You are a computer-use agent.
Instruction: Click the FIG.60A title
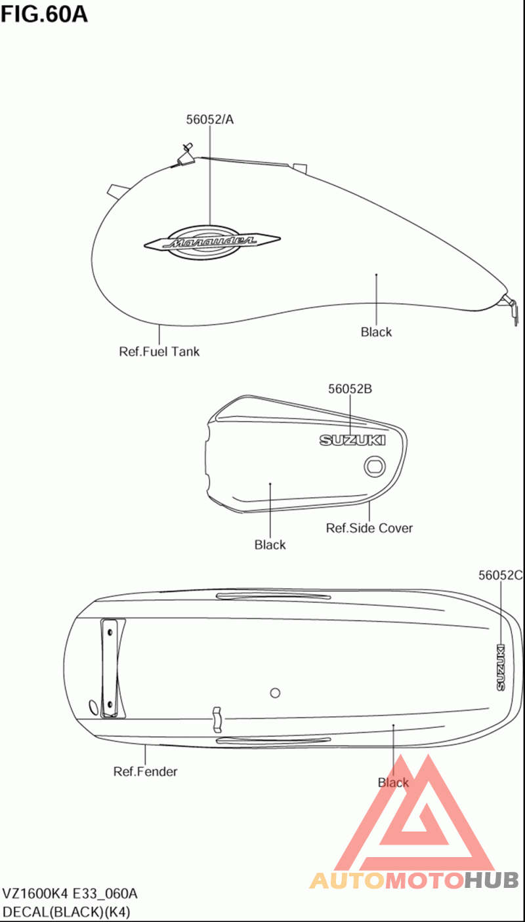(x=44, y=14)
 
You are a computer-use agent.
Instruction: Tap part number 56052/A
(x=209, y=119)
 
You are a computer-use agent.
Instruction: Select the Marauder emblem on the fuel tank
(x=212, y=242)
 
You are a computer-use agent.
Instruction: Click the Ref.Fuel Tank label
(x=159, y=351)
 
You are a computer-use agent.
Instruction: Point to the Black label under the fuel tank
(x=376, y=332)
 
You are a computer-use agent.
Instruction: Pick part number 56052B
(x=350, y=389)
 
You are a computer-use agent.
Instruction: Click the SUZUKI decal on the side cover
(x=352, y=441)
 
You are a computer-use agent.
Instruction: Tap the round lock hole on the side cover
(x=375, y=467)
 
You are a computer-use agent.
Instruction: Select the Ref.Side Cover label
(x=369, y=528)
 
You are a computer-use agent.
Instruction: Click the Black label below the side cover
(x=270, y=545)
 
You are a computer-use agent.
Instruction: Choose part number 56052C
(x=500, y=575)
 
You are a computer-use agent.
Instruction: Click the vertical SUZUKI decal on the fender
(x=501, y=667)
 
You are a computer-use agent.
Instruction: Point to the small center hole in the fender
(x=275, y=693)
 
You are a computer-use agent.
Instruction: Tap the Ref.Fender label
(x=145, y=771)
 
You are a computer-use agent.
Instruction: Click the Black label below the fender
(x=393, y=782)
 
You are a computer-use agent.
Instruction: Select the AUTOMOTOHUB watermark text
(x=414, y=881)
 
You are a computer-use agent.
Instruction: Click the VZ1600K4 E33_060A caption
(x=70, y=894)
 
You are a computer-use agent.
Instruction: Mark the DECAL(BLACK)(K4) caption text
(x=66, y=912)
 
